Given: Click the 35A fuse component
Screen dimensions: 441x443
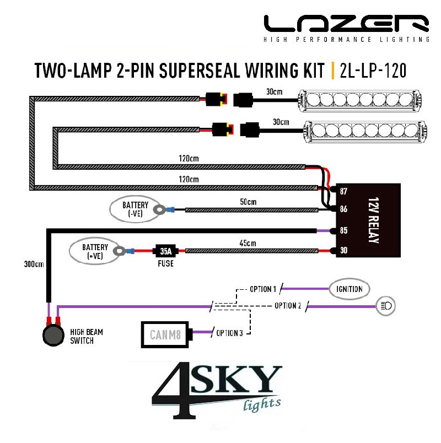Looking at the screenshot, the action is point(165,251).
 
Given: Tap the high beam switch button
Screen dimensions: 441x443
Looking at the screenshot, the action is point(53,336).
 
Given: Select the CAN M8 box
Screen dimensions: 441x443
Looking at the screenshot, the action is point(165,334).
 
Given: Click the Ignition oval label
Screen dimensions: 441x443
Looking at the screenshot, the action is point(349,289).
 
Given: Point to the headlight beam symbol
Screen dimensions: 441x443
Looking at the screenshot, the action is point(386,306).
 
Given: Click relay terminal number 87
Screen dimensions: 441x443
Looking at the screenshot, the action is point(343,191).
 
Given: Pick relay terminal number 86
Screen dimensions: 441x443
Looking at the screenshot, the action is point(343,209).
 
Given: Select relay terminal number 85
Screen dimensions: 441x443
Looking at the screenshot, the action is point(343,230).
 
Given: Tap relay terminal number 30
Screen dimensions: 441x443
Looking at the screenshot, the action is point(343,250).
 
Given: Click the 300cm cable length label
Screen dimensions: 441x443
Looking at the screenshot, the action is point(34,264).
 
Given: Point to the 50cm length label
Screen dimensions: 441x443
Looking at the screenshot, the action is point(248,202).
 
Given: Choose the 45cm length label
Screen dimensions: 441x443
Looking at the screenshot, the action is point(248,243).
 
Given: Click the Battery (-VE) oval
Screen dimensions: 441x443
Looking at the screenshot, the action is point(136,209).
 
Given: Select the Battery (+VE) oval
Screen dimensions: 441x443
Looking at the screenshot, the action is point(95,251).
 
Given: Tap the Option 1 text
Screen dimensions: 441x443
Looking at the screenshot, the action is point(263,289).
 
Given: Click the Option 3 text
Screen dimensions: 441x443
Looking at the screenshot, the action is point(229,333).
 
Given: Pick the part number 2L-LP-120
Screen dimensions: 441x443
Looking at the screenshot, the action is point(373,71).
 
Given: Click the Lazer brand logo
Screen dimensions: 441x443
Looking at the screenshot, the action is point(347,28).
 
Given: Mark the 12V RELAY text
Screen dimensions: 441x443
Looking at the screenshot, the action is point(373,220).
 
